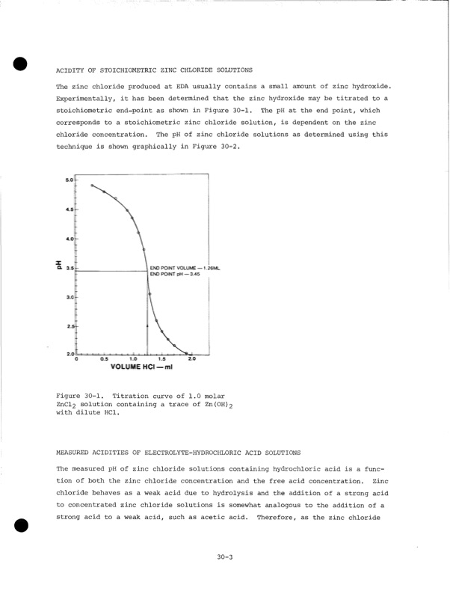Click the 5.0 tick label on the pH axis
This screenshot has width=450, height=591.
[x=69, y=180]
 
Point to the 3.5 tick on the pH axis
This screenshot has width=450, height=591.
[x=69, y=268]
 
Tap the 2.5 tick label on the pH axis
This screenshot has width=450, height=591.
[x=69, y=327]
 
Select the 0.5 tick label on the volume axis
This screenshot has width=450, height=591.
[x=105, y=360]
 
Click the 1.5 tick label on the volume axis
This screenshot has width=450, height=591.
[x=162, y=360]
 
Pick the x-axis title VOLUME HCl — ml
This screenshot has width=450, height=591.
[x=142, y=367]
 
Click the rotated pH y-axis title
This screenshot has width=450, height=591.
[x=58, y=266]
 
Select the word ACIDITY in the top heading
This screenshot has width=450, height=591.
[x=73, y=69]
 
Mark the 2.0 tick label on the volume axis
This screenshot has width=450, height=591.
[x=191, y=360]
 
